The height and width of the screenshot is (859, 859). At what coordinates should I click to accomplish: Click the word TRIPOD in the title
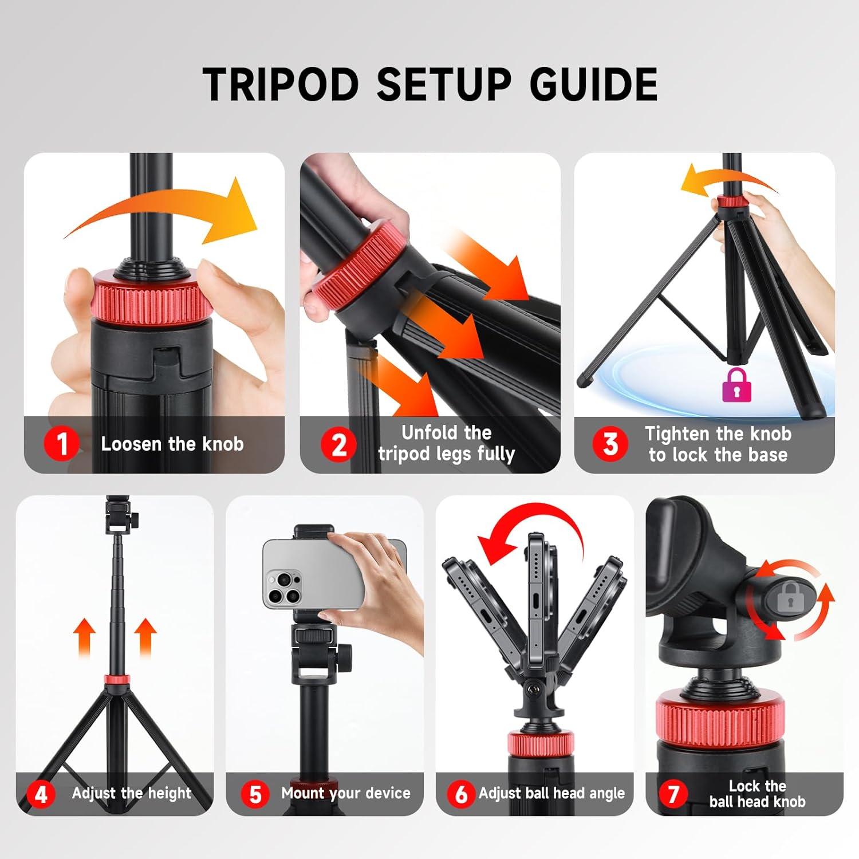pyautogui.click(x=281, y=85)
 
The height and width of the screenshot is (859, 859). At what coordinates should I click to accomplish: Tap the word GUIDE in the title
pyautogui.click(x=593, y=85)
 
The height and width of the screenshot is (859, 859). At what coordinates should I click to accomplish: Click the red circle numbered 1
pyautogui.click(x=61, y=444)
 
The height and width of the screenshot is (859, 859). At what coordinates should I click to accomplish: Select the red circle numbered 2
pyautogui.click(x=338, y=444)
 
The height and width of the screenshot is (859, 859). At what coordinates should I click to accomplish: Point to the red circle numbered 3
pyautogui.click(x=610, y=444)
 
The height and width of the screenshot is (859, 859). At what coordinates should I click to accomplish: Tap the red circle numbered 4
pyautogui.click(x=41, y=795)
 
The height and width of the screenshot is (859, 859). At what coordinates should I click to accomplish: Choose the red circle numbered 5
pyautogui.click(x=255, y=794)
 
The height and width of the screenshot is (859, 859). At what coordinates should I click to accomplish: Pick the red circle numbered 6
pyautogui.click(x=461, y=794)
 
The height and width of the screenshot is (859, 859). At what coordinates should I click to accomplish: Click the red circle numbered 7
pyautogui.click(x=673, y=794)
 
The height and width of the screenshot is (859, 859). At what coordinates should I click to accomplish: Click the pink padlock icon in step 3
pyautogui.click(x=737, y=384)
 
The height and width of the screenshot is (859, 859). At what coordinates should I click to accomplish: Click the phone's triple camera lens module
pyautogui.click(x=285, y=588)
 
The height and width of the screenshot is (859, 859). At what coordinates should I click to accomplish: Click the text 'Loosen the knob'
pyautogui.click(x=172, y=444)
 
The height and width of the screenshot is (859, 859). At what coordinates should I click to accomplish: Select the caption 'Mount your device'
pyautogui.click(x=346, y=793)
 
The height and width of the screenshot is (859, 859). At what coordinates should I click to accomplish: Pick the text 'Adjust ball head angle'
pyautogui.click(x=552, y=794)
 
